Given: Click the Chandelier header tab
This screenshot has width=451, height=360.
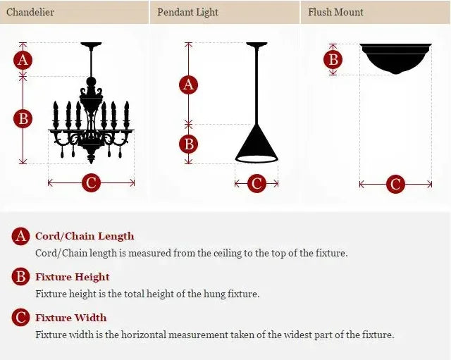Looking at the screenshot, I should pyautogui.click(x=30, y=12).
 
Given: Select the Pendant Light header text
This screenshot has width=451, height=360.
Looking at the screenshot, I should pyautogui.click(x=187, y=12).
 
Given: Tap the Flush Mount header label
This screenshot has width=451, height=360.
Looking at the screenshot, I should pyautogui.click(x=335, y=12).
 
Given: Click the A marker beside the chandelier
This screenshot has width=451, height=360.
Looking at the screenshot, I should pyautogui.click(x=23, y=60).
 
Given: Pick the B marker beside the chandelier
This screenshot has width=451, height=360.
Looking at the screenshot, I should pyautogui.click(x=23, y=119).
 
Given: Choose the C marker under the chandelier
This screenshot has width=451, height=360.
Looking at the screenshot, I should pyautogui.click(x=91, y=183).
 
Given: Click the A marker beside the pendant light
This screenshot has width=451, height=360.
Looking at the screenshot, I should pyautogui.click(x=188, y=85).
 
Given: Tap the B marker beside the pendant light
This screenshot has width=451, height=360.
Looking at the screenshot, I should pyautogui.click(x=188, y=144).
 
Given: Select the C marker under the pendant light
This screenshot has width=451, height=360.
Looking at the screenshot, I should pyautogui.click(x=257, y=184).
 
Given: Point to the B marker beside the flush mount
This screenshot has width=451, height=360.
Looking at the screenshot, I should pyautogui.click(x=333, y=59).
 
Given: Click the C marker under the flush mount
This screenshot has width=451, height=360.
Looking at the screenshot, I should pyautogui.click(x=395, y=185).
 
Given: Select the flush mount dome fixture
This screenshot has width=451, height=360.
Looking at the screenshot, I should pyautogui.click(x=395, y=58).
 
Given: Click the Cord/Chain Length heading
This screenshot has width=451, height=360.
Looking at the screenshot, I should pyautogui.click(x=85, y=237).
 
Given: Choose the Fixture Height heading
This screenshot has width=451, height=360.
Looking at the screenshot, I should pyautogui.click(x=73, y=277).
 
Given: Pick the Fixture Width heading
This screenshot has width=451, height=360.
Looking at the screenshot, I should pyautogui.click(x=71, y=318).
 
